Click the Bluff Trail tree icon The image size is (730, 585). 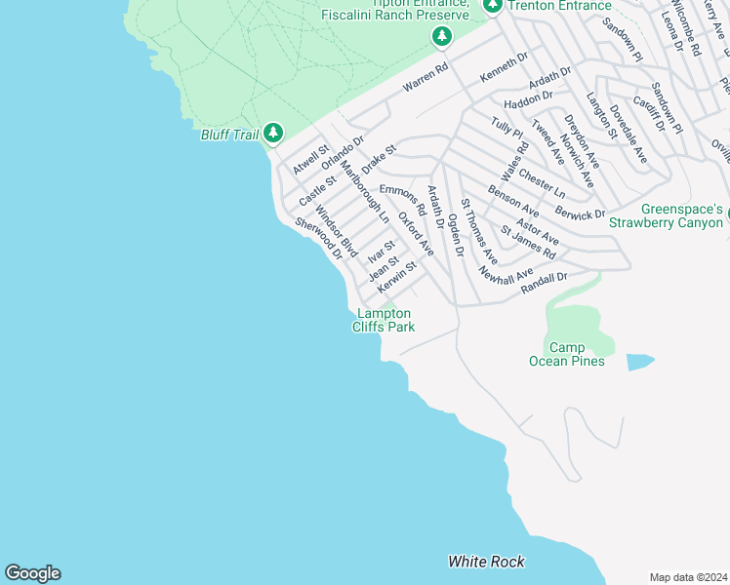(273, 133)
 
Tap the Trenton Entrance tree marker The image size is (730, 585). (493, 6)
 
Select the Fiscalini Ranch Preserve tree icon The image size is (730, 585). (442, 37)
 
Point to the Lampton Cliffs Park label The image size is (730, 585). (384, 320)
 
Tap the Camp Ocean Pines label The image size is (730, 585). (566, 355)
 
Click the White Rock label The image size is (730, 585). (486, 562)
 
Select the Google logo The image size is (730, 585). (32, 573)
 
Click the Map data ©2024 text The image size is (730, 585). (688, 576)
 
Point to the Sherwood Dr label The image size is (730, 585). (320, 238)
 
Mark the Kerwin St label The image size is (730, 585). (397, 279)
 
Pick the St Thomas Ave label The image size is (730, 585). (479, 233)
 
